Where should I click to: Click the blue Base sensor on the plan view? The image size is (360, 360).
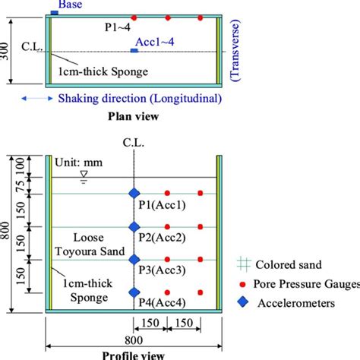point(56,13)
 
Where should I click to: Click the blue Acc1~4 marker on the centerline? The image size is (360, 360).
point(134,51)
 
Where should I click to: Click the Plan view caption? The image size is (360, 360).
point(133,118)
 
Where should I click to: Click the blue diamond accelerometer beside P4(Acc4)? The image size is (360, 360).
point(134,292)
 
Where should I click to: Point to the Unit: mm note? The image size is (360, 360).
point(79,162)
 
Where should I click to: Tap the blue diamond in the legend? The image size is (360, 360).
point(242,299)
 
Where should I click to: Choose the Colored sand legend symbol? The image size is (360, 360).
point(242,265)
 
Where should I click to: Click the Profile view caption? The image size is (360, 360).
point(134,354)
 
